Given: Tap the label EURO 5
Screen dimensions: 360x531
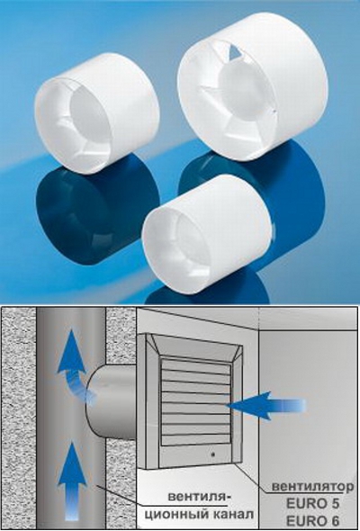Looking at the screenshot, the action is pyautogui.click(x=313, y=504).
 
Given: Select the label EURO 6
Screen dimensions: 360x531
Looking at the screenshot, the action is pyautogui.click(x=313, y=519).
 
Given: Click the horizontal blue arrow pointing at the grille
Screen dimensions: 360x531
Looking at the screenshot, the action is pyautogui.click(x=265, y=406).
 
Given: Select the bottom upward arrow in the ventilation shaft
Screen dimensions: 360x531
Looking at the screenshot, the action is pyautogui.click(x=72, y=481).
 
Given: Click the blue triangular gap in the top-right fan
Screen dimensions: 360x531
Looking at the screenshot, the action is pyautogui.click(x=236, y=52).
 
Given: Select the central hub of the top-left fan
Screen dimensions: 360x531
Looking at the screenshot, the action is pyautogui.click(x=89, y=112).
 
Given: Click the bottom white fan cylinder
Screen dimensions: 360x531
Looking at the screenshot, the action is pyautogui.click(x=206, y=235).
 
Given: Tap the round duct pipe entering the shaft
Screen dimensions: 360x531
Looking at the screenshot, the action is pyautogui.click(x=112, y=402).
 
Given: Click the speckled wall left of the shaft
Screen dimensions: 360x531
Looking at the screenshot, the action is pyautogui.click(x=19, y=418).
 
